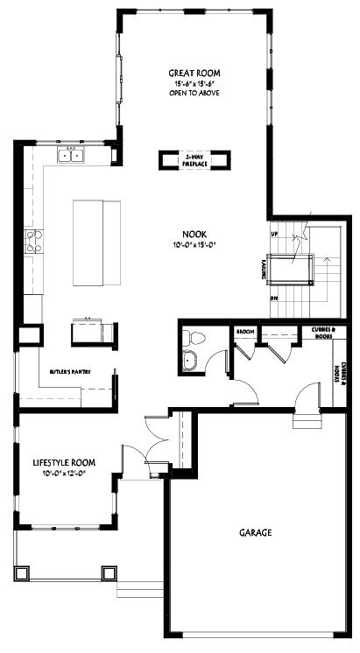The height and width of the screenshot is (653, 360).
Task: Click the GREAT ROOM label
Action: coord(194,73)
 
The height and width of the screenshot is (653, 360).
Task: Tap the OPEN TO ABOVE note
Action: coord(194,92)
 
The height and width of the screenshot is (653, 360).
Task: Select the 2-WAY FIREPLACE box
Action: coord(194,159)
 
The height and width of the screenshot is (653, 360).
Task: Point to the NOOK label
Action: coord(194,234)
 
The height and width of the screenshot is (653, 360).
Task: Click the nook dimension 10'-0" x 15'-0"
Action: coord(194,244)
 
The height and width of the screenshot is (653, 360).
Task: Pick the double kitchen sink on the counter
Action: coord(71,156)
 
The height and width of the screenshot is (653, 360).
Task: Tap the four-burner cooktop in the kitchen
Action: coord(34,241)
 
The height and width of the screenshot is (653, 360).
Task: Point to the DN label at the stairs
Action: coord(274,298)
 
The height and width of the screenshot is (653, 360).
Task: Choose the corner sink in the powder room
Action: coord(189,361)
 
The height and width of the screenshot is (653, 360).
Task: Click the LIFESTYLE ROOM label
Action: coord(64,462)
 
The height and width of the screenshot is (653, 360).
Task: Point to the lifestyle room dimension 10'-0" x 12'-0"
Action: coord(64,474)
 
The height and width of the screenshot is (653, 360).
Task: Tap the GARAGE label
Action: coord(256,531)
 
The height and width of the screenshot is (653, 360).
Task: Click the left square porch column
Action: coord(25,573)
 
